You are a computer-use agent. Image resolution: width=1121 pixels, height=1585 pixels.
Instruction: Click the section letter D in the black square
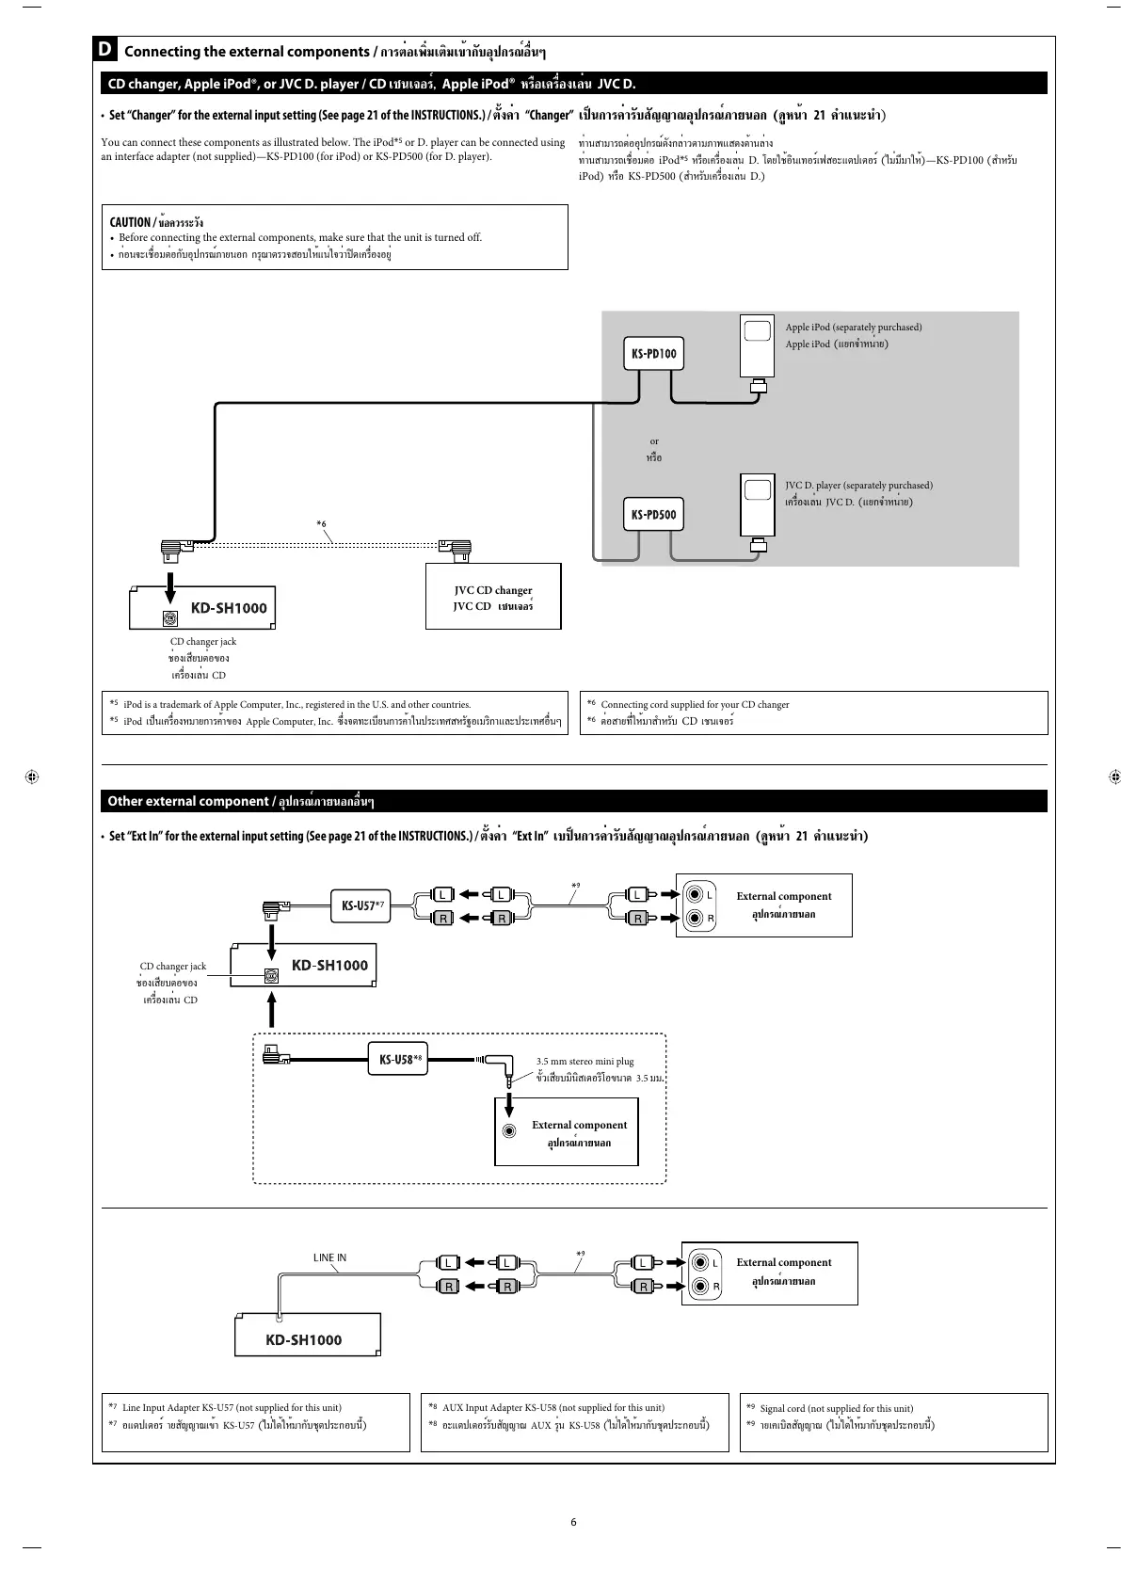[106, 51]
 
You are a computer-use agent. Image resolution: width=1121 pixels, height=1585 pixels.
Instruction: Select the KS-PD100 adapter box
[653, 355]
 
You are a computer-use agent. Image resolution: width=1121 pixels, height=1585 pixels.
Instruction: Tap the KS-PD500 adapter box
[653, 515]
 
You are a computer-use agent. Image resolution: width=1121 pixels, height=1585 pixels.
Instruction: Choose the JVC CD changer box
[493, 597]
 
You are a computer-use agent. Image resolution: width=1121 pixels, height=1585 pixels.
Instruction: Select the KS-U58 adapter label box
[396, 1059]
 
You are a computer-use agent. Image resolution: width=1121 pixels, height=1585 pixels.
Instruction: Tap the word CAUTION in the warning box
[129, 222]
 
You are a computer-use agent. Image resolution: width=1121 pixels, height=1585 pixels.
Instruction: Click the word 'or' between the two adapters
[654, 440]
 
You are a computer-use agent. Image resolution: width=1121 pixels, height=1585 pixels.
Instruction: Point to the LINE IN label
[329, 1257]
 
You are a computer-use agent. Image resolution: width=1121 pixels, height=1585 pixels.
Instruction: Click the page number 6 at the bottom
[573, 1521]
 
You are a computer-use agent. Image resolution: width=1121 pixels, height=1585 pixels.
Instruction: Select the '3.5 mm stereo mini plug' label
[585, 1062]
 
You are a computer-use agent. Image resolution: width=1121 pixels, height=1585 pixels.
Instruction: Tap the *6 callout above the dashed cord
[321, 523]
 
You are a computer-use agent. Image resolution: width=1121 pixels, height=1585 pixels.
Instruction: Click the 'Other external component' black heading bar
[573, 801]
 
